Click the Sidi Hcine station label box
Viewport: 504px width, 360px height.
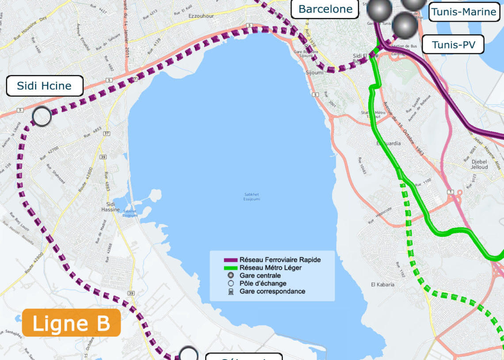(x=44, y=86)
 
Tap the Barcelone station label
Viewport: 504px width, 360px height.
(x=325, y=9)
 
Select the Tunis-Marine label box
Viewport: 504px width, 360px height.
(x=463, y=12)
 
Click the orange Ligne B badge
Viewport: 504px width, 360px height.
(x=71, y=323)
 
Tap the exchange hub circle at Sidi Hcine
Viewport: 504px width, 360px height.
(x=42, y=117)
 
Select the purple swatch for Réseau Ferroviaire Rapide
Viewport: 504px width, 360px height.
(x=230, y=260)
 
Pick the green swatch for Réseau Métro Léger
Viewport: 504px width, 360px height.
(x=230, y=268)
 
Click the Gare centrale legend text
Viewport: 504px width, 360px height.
(x=260, y=276)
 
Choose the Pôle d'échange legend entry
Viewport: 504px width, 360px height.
(x=263, y=284)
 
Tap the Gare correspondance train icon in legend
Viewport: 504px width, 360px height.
(x=230, y=292)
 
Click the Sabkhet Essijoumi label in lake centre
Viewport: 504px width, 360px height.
(x=252, y=197)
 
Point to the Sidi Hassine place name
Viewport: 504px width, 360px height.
(x=110, y=207)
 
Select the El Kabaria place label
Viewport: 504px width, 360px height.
(x=382, y=284)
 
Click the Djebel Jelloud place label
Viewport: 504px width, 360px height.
(x=480, y=164)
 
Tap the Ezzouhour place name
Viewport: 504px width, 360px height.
(x=201, y=15)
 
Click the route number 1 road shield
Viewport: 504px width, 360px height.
(x=450, y=191)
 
